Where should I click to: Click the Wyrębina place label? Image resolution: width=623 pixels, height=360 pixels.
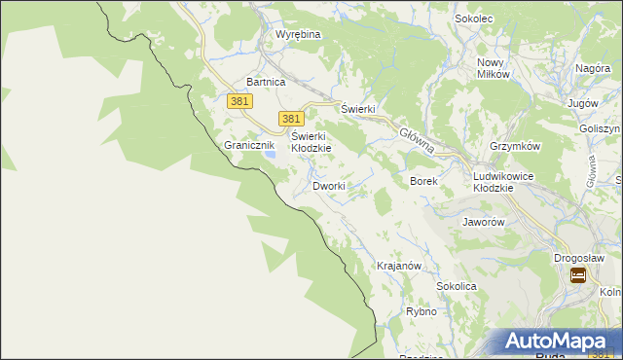coord(298,34)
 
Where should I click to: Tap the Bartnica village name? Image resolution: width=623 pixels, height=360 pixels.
coord(266,83)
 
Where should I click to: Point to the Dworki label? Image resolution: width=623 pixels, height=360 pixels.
coord(329,186)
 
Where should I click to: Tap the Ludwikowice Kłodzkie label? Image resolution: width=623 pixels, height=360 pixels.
coord(504,181)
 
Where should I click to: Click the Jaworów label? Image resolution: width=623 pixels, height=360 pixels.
coord(484,222)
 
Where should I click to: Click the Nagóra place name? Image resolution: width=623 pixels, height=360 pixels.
coord(592,69)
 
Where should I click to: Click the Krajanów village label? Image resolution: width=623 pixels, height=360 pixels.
coord(398,266)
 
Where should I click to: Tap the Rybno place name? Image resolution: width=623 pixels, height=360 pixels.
coord(421,312)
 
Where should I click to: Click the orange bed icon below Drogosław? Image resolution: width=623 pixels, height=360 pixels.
coord(577,276)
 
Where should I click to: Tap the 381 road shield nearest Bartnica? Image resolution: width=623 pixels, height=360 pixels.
coord(240,101)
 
